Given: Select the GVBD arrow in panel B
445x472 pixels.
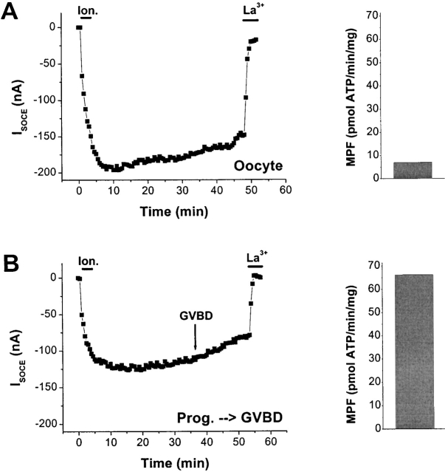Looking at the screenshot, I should click(x=195, y=341).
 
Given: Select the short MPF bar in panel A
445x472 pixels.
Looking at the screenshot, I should click(x=413, y=170).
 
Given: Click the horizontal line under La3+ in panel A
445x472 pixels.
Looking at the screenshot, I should click(x=252, y=21).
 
